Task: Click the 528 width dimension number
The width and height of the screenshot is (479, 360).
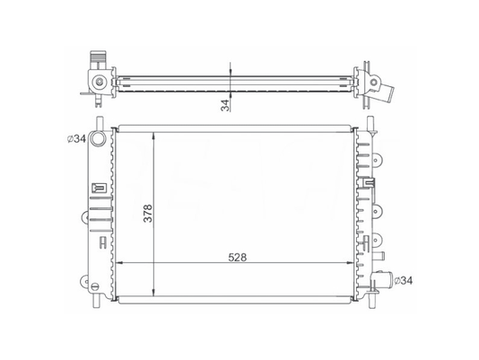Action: [238, 258]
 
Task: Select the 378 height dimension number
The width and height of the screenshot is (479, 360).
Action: [148, 213]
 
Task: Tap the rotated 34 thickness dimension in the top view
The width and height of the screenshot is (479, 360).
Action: [225, 105]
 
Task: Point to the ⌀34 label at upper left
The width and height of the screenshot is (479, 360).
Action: [76, 139]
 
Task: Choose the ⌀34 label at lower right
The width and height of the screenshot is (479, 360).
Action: [403, 280]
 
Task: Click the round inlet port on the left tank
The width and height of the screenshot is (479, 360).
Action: [98, 138]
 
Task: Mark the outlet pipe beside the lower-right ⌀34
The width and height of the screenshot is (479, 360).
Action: [382, 278]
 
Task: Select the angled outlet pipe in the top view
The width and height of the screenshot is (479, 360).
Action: [385, 91]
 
